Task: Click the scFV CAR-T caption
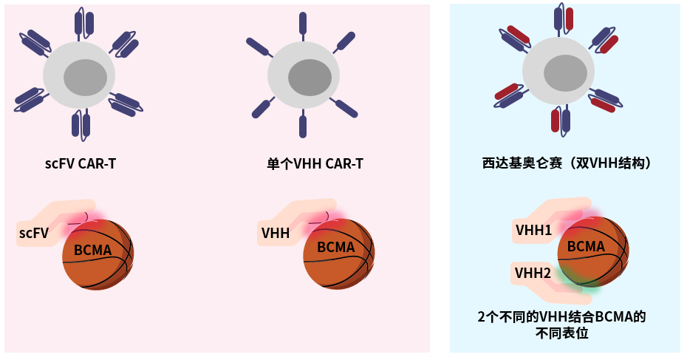click(x=80, y=163)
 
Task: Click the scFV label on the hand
click(x=34, y=234)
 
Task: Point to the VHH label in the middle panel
click(x=276, y=234)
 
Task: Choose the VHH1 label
click(x=533, y=231)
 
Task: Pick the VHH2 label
click(x=533, y=274)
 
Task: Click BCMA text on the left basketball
click(x=93, y=251)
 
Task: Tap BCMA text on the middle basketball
click(x=336, y=247)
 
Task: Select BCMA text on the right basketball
click(x=586, y=246)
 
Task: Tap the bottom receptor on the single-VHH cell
click(x=302, y=126)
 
